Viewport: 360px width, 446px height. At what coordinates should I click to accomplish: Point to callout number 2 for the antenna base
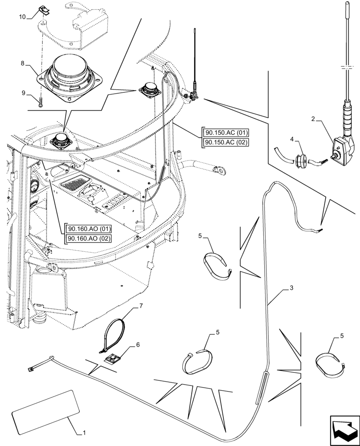[x=314, y=119]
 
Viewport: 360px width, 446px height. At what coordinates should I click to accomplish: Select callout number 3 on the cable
[x=290, y=289]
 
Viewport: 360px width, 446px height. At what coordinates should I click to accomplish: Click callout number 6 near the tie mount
[x=138, y=344]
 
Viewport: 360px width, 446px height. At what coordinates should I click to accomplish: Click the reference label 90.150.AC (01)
[x=226, y=133]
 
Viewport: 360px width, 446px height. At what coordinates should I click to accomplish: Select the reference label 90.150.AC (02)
[x=226, y=142]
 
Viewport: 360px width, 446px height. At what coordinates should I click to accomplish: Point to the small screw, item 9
[x=41, y=102]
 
